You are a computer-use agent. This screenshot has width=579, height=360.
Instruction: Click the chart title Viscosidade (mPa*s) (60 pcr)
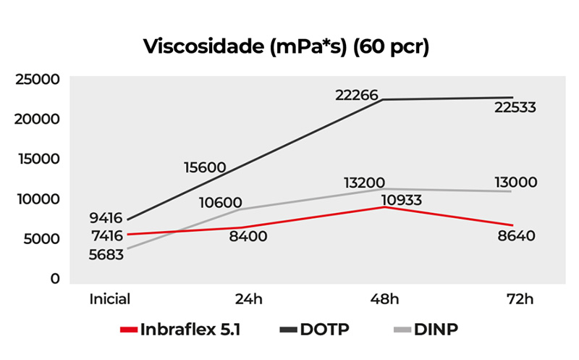click(x=287, y=47)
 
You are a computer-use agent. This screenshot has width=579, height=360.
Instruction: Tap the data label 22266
click(x=357, y=94)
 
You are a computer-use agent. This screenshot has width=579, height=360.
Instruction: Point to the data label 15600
click(x=204, y=167)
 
